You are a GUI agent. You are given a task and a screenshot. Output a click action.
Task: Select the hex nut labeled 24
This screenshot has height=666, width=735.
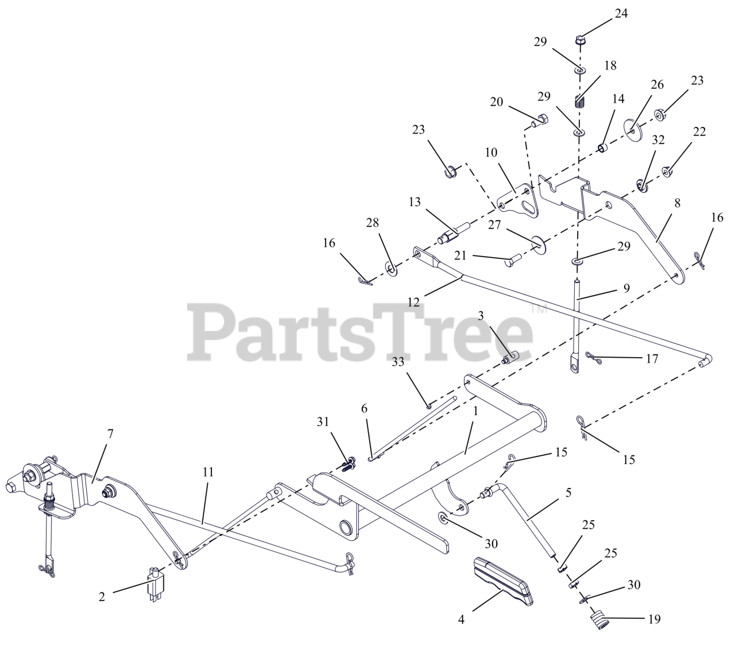580,40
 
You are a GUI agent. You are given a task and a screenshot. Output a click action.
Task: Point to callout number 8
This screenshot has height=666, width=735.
677,203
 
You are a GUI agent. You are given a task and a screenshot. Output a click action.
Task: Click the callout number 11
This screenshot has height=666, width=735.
208,472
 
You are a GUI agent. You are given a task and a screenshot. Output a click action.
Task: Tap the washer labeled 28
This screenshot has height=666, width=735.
390,267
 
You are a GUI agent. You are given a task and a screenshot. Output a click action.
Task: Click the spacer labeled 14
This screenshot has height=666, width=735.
602,149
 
